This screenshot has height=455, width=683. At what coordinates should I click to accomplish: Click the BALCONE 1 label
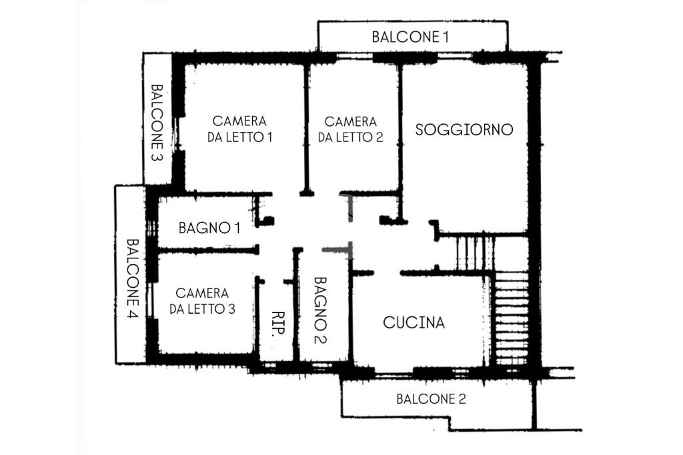(410, 37)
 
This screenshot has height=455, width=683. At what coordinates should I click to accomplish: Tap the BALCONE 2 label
(431, 400)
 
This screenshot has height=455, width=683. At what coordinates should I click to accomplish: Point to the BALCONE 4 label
(131, 278)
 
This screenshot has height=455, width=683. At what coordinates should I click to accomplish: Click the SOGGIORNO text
(464, 129)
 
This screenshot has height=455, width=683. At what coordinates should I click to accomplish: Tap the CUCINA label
(414, 323)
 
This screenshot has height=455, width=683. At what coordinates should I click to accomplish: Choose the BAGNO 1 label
(209, 228)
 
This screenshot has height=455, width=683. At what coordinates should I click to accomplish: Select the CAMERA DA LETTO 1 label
(239, 129)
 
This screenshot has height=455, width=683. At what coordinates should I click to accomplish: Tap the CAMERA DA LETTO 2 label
(350, 129)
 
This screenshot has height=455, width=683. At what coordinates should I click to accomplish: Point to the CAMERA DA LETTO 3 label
(202, 300)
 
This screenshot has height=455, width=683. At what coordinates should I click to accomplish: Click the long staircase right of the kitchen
(512, 318)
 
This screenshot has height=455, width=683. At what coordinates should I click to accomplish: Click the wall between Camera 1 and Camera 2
(306, 127)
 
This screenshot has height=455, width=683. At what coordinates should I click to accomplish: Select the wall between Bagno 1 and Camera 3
(207, 250)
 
